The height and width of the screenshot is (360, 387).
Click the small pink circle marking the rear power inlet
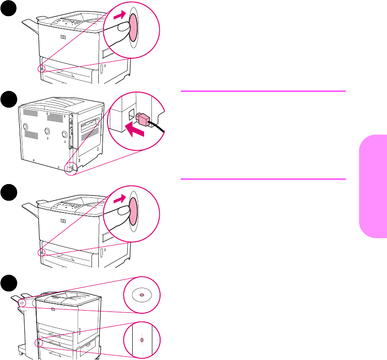(70, 168)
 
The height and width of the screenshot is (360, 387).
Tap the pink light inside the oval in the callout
(141, 295)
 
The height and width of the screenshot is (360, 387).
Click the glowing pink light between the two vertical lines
(141, 340)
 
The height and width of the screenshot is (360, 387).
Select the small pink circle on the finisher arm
(22, 303)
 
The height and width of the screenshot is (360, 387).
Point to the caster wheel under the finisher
(21, 353)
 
